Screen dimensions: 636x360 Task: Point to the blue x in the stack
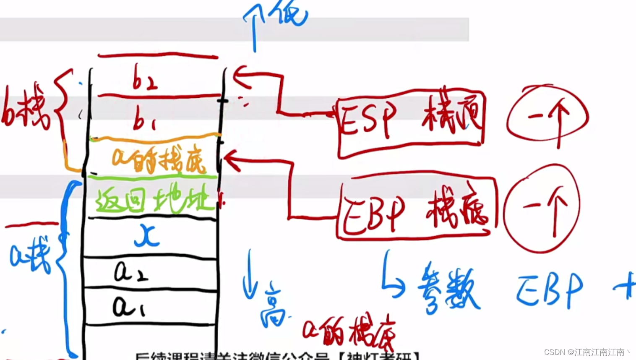click(x=147, y=236)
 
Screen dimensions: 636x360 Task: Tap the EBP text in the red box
click(x=373, y=214)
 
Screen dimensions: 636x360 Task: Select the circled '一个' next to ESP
click(x=547, y=117)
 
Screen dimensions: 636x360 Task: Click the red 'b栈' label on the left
click(x=26, y=107)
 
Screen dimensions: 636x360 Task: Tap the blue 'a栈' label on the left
click(x=30, y=254)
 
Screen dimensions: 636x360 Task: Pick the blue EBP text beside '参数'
click(x=550, y=290)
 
